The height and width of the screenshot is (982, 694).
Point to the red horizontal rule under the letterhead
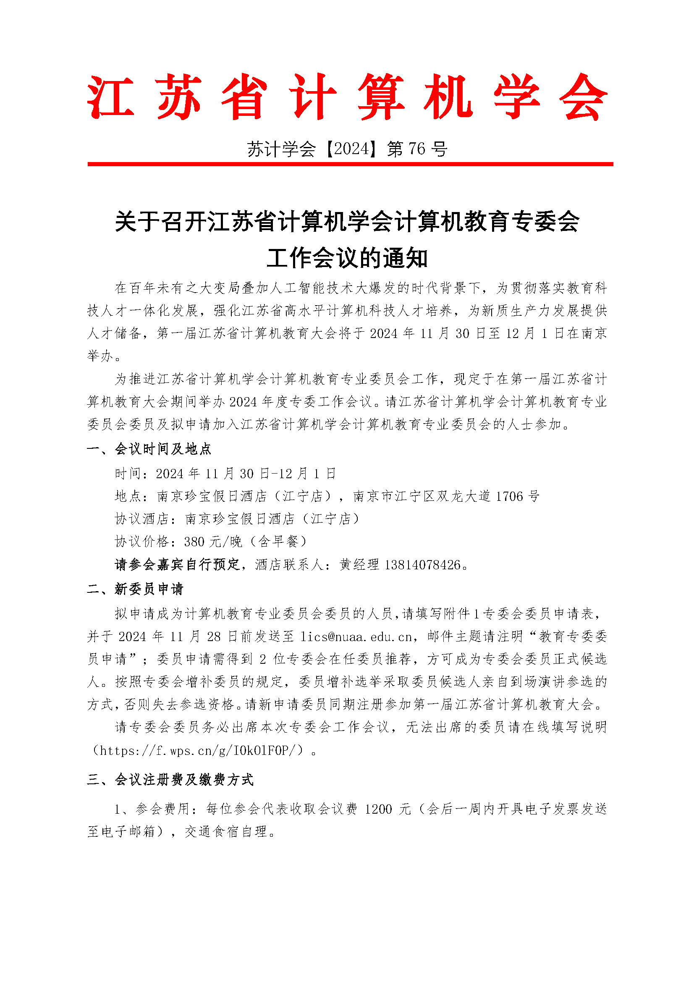point(350,164)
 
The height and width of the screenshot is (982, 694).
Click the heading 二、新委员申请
point(135,589)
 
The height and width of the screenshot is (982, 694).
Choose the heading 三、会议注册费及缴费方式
point(170,779)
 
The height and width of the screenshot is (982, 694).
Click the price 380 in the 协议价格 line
point(194,542)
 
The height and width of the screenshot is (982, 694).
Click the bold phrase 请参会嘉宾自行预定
point(177,565)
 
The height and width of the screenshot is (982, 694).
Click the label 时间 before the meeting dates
point(128,474)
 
